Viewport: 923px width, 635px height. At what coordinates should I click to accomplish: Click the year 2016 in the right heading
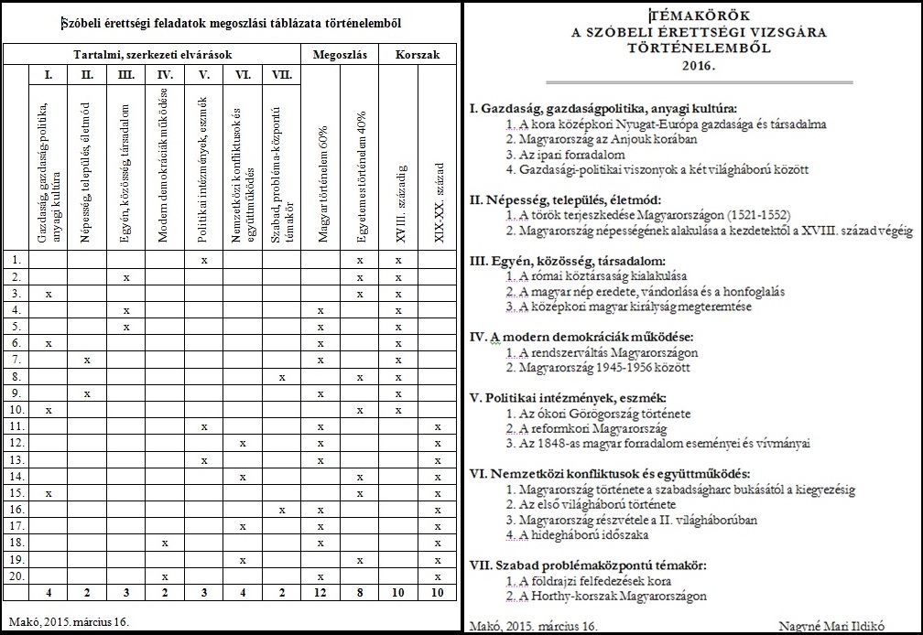tap(693, 66)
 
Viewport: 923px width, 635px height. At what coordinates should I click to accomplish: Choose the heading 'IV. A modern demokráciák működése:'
tap(581, 336)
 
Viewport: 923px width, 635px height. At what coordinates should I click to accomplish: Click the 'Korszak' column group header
tap(417, 55)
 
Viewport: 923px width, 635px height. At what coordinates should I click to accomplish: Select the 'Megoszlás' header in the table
tap(340, 55)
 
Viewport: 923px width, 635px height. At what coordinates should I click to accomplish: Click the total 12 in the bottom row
tap(320, 593)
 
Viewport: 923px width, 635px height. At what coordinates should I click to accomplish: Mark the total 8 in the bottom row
tap(360, 593)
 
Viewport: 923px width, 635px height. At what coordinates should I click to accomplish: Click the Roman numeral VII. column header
tap(281, 74)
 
